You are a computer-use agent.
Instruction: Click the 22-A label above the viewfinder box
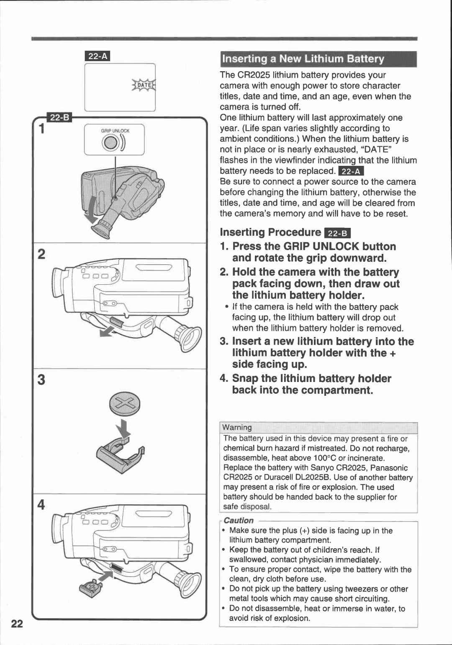tap(97, 56)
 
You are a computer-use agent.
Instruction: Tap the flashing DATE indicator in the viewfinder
tap(144, 85)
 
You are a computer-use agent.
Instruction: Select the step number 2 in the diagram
tap(41, 254)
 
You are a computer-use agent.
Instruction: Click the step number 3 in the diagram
tap(41, 379)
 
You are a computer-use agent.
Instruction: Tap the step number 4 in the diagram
tap(41, 505)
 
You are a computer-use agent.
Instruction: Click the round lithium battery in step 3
tap(124, 404)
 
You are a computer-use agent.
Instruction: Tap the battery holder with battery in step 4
tap(91, 588)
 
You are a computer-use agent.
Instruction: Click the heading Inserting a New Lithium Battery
tap(303, 59)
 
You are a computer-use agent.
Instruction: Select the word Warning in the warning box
tap(237, 427)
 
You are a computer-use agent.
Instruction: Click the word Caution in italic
tap(239, 520)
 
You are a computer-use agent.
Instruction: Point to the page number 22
tap(17, 624)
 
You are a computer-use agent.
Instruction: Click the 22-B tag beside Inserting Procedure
tap(338, 233)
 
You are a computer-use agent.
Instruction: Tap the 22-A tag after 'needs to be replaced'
tap(351, 171)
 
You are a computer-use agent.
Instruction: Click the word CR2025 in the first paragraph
tap(254, 75)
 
